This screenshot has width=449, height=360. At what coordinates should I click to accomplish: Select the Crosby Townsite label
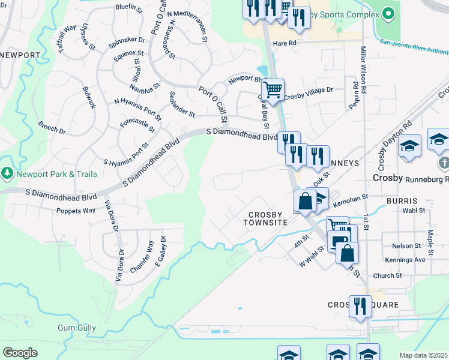tap(270, 218)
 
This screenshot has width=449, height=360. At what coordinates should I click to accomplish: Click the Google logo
tap(20, 353)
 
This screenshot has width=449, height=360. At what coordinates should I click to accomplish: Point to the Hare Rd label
tap(285, 44)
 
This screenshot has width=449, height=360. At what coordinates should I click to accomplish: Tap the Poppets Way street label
tap(76, 211)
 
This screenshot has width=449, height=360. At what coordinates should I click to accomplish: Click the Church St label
tap(387, 276)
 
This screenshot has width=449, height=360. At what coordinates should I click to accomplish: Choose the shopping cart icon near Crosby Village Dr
tap(273, 89)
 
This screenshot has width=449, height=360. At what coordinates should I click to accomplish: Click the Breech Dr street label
tap(52, 128)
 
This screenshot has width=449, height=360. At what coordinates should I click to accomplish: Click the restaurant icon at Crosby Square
tap(360, 306)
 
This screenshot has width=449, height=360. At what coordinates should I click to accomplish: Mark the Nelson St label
tap(407, 246)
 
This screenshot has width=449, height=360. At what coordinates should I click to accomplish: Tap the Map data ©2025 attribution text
tap(423, 355)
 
